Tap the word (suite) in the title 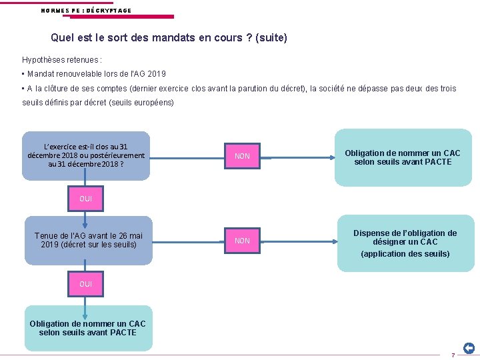point(271,38)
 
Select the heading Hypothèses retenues point(62,59)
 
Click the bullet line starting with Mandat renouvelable point(94,74)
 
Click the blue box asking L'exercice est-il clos point(86,155)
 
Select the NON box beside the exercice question point(242,156)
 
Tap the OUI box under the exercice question point(86,199)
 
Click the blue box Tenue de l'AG point(89,240)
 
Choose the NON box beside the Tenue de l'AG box point(242,241)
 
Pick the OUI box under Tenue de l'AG point(86,284)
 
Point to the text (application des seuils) point(405,254)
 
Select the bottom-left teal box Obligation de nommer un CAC point(88,328)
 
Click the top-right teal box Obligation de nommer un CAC point(403,157)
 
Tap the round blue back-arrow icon point(469,348)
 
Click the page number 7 point(453,355)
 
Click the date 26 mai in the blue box point(131,235)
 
